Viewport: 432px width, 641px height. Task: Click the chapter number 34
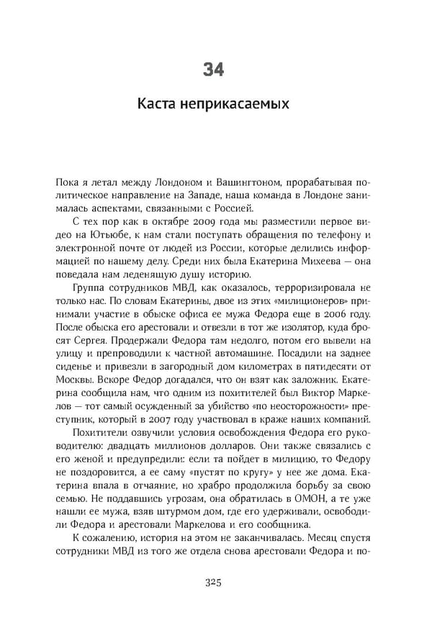point(214,70)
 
